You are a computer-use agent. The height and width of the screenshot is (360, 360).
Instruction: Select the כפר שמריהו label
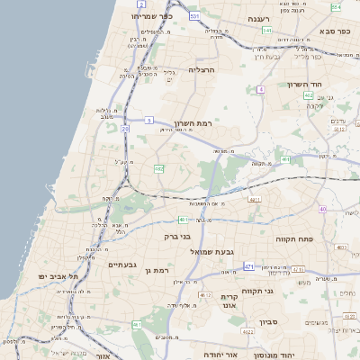151,16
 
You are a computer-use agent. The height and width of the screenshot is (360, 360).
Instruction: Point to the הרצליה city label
202,69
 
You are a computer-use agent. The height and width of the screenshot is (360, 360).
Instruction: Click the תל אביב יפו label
59,275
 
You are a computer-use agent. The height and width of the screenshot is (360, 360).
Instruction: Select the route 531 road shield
195,16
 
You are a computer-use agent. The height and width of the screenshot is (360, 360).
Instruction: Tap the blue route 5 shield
148,120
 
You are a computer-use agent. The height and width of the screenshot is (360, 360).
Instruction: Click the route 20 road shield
125,129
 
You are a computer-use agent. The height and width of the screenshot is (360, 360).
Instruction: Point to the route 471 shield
249,267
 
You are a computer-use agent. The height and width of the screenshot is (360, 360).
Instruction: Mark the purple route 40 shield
321,210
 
